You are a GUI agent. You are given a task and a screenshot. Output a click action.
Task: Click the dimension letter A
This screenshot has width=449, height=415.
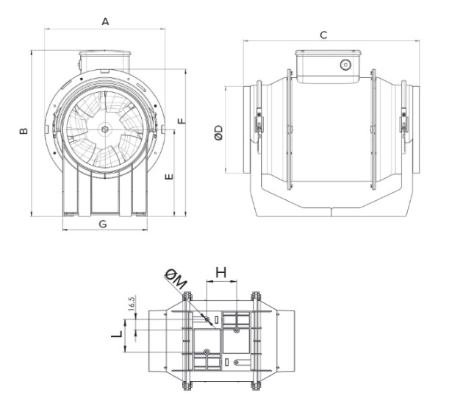105,22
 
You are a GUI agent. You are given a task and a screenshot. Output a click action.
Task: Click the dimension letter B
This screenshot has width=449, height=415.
24,131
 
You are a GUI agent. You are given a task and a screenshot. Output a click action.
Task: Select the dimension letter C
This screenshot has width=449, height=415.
323,34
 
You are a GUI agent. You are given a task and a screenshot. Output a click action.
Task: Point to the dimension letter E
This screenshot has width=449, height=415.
168,177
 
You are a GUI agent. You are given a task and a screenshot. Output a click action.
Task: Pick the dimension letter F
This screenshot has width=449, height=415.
181,118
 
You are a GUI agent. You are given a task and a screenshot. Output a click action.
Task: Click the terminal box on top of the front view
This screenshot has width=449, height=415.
105,58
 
